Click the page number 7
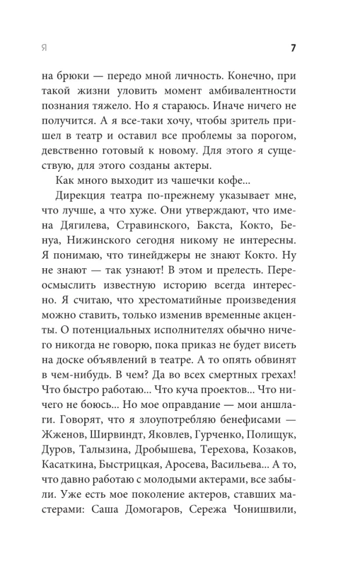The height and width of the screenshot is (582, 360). [294, 48]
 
